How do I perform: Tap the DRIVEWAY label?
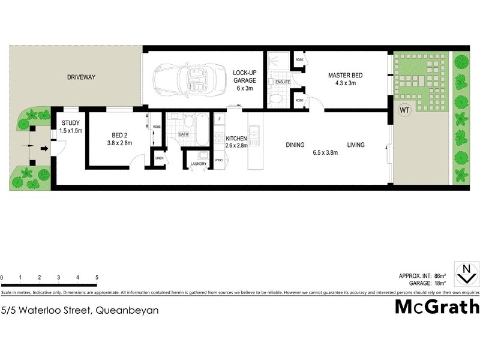click(81, 77)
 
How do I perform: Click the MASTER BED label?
click(345, 76)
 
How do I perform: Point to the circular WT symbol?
click(404, 110)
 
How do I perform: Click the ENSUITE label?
click(283, 82)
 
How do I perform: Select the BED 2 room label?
click(119, 135)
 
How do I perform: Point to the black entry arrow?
click(45, 149)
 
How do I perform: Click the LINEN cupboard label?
click(160, 158)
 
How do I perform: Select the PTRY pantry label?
click(219, 160)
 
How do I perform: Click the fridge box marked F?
click(220, 119)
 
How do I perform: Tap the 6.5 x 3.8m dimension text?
click(325, 152)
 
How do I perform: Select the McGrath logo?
click(437, 307)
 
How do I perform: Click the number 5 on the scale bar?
click(97, 278)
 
